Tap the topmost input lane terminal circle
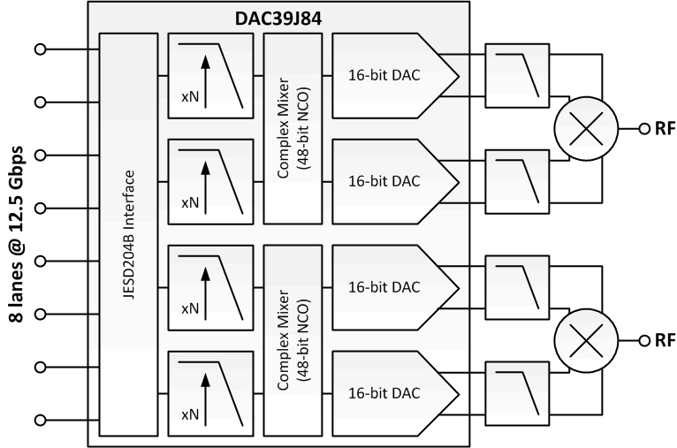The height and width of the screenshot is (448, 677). point(39,48)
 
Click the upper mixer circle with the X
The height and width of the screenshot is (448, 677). point(582,127)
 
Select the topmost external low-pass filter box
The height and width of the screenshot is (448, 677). point(517,75)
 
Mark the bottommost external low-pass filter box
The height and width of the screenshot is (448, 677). point(517,391)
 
